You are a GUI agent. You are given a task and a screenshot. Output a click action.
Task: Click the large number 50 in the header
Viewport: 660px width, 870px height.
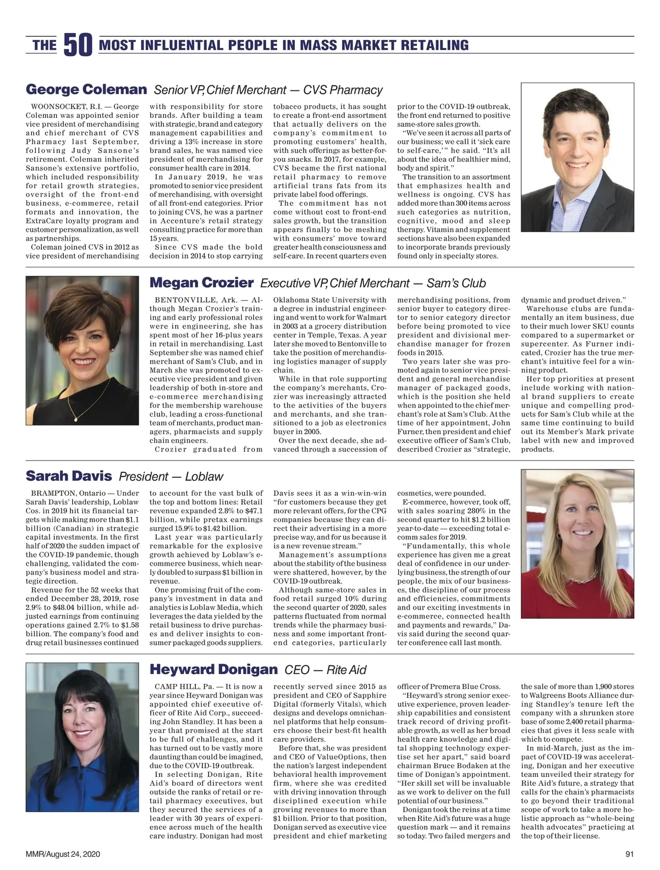point(78,45)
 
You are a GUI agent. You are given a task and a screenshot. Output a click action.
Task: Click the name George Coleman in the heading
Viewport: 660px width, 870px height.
point(86,90)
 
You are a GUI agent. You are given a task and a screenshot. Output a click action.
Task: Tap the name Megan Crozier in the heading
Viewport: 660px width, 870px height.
point(201,283)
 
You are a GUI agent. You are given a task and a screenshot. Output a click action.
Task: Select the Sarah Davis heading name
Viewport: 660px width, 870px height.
point(69,476)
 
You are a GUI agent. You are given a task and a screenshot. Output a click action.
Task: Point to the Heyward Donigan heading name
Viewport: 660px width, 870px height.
point(213,669)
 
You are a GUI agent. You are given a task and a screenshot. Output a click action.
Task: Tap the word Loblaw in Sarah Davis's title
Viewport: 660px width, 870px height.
point(204,477)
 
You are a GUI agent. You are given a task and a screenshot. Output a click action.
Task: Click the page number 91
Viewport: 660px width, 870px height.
point(630,855)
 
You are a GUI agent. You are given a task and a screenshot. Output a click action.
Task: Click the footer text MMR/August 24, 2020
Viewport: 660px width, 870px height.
point(63,855)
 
